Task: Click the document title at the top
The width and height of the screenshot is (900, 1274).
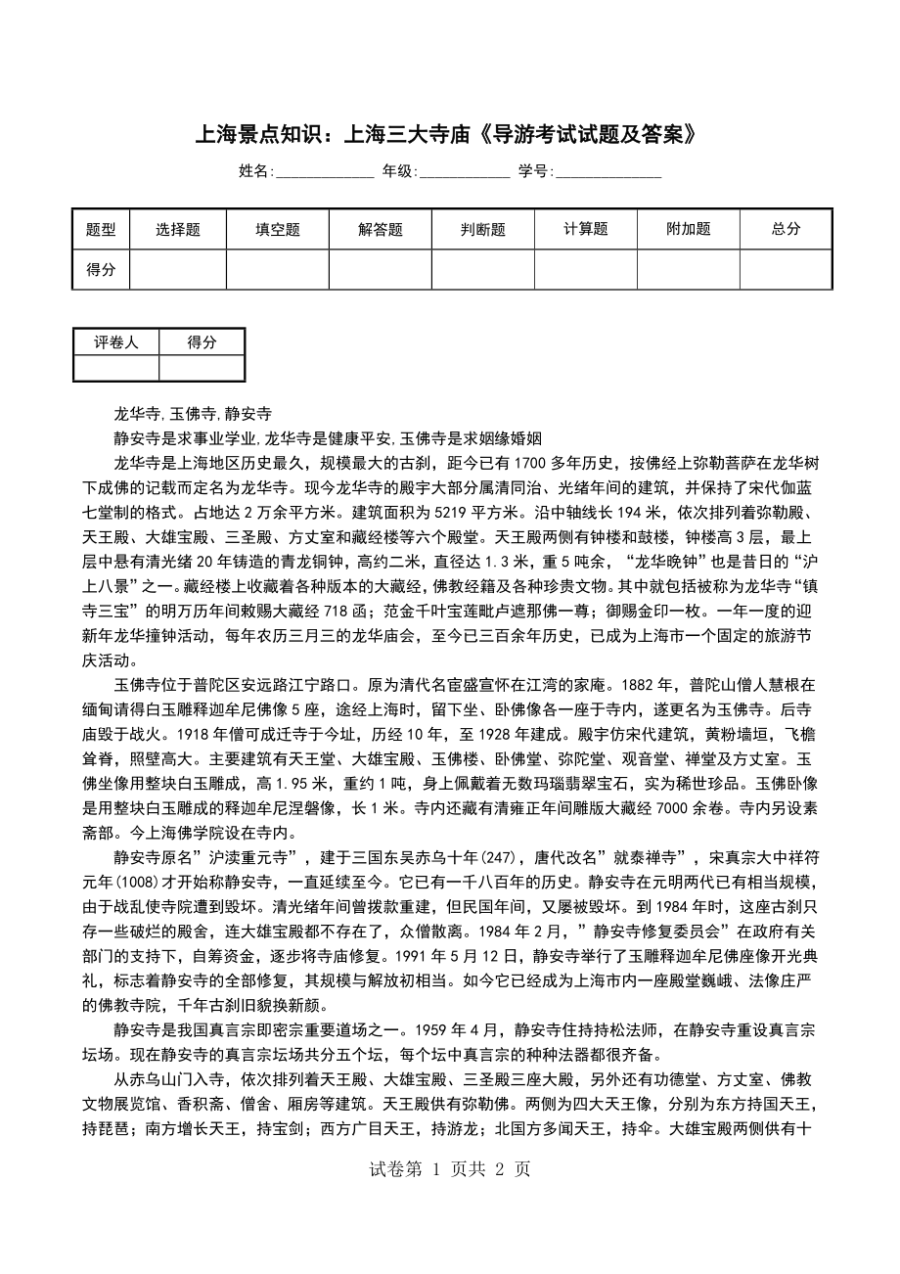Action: point(449,134)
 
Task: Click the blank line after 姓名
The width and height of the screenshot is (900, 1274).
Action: point(324,172)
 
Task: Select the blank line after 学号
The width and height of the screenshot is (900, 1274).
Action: point(608,172)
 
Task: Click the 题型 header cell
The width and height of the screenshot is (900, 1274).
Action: point(101,229)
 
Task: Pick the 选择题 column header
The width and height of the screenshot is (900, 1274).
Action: point(178,229)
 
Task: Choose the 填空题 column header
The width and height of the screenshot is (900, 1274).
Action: point(278,229)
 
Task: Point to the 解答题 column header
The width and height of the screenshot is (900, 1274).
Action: point(381,229)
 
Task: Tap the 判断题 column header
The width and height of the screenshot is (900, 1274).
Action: point(483,229)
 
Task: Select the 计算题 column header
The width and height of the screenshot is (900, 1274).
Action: point(586,229)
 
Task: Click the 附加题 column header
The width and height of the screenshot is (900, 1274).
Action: point(689,229)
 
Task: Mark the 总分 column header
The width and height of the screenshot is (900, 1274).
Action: point(786,229)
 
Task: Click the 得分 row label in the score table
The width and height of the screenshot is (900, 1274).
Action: point(101,269)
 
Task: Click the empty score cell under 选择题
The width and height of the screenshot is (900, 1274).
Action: point(178,269)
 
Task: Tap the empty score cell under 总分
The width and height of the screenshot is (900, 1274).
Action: point(786,269)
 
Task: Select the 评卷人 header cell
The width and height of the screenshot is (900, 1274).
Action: point(116,342)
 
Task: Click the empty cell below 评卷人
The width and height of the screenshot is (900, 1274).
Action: point(116,368)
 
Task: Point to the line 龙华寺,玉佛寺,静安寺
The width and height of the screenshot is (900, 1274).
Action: point(193,413)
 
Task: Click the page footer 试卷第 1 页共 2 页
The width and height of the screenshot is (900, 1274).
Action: point(449,1168)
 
